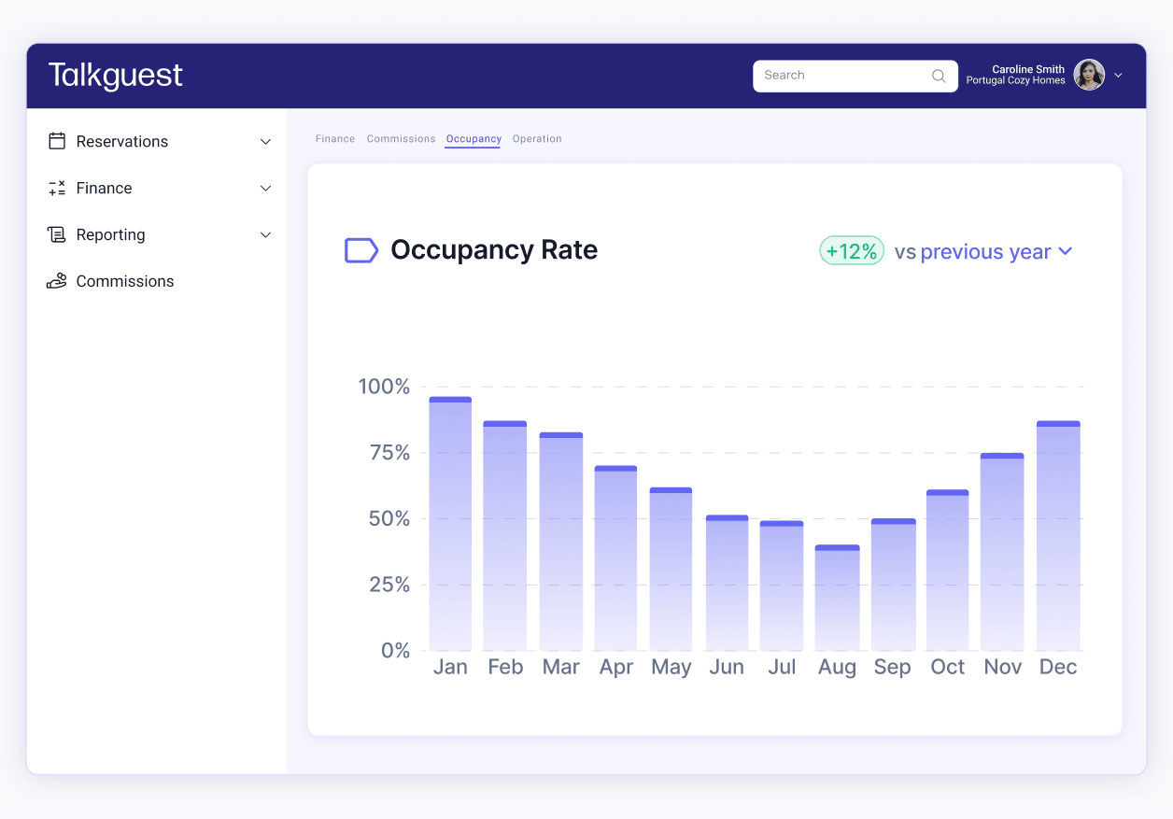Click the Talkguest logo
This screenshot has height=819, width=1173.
116,76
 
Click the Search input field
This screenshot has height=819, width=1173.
841,76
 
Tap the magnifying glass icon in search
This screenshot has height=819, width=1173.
939,77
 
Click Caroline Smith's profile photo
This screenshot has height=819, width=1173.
1089,76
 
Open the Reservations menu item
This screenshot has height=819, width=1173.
122,142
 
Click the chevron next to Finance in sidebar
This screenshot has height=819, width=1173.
265,189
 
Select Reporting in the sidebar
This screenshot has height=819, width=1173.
110,235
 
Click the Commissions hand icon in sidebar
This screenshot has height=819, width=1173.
57,281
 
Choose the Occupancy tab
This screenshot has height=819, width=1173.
473,139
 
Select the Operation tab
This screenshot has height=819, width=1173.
537,139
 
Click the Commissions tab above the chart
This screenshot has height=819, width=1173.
401,139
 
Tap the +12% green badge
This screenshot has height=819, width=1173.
851,251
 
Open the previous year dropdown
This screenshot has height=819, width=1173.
996,252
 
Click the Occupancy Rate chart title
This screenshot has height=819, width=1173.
494,250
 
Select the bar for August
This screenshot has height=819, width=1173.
837,598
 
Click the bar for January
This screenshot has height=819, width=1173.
450,524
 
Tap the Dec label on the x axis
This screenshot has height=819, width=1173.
1058,667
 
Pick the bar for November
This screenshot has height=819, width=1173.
1002,552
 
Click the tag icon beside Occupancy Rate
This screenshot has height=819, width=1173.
361,250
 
